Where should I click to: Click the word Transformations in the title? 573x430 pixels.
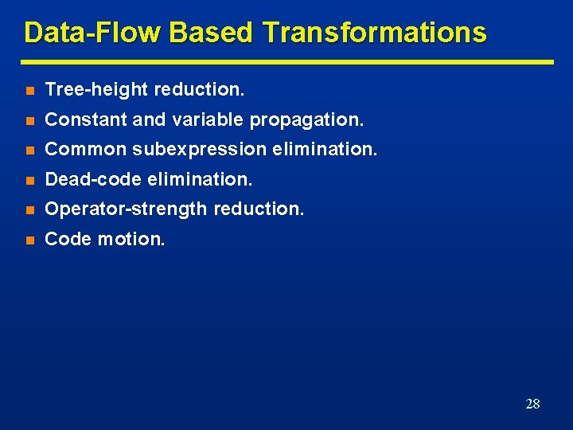(373, 33)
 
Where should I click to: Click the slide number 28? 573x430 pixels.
(532, 404)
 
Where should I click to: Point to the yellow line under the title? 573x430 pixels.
(286, 61)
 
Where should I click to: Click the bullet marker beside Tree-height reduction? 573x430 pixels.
(29, 91)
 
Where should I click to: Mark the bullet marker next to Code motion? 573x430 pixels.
(29, 239)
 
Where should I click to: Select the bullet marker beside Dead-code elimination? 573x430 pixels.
(29, 180)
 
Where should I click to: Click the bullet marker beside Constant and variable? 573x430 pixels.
(29, 120)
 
